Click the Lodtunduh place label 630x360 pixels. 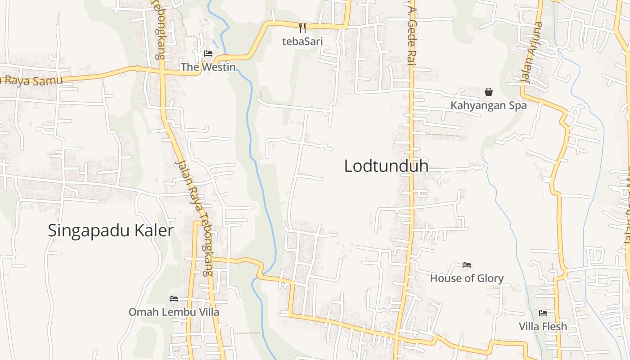tap(386, 166)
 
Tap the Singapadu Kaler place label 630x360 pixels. tap(110, 230)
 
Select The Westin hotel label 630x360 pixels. tap(208, 67)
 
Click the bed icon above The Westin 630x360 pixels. tap(208, 54)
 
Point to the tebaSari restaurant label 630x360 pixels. tap(302, 41)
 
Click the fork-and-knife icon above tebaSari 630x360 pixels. tap(302, 28)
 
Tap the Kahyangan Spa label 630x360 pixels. tap(489, 106)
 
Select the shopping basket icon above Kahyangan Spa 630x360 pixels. tap(489, 92)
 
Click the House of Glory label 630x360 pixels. tap(467, 278)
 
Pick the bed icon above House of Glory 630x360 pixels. tap(467, 265)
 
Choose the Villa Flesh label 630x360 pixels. tap(543, 326)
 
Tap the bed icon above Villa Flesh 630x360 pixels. tap(543, 313)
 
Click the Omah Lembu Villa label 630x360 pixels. tap(174, 312)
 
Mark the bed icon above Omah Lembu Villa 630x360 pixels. tap(174, 298)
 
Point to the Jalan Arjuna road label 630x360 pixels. tap(532, 53)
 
